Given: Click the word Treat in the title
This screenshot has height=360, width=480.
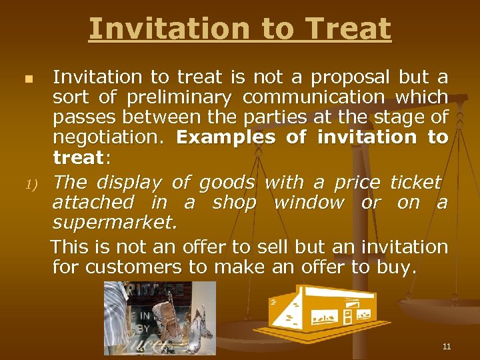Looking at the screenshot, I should pyautogui.click(x=347, y=29).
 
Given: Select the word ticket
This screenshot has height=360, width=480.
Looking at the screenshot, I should pyautogui.click(x=415, y=183).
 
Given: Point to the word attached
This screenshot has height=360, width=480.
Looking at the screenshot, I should pyautogui.click(x=93, y=203).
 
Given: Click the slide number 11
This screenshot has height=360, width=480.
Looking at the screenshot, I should pyautogui.click(x=446, y=347).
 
